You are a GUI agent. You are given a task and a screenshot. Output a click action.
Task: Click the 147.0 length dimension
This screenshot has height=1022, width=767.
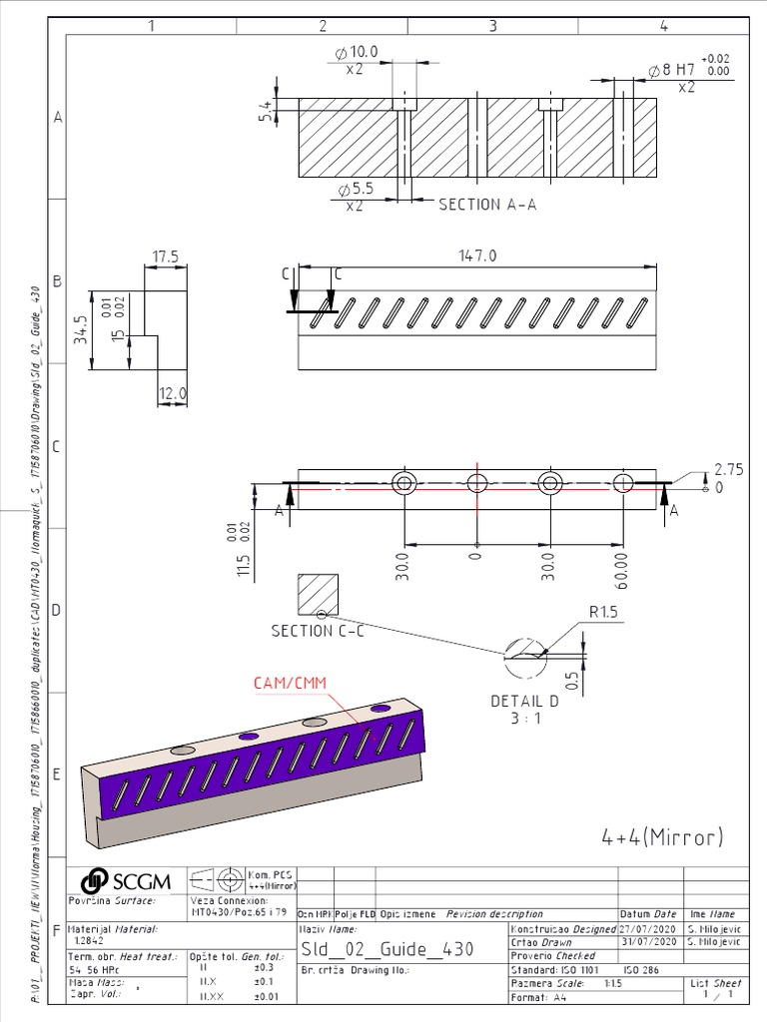(x=477, y=256)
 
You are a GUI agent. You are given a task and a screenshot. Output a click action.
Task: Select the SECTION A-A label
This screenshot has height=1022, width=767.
(x=487, y=204)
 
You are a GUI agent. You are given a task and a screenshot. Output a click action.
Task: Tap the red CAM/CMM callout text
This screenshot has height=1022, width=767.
(x=290, y=683)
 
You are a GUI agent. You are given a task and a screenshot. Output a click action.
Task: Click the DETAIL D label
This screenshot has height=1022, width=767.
(x=524, y=702)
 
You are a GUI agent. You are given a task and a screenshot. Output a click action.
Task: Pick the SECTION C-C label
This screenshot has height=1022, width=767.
(x=317, y=631)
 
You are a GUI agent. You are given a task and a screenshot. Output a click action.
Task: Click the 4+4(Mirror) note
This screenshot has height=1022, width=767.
(x=662, y=836)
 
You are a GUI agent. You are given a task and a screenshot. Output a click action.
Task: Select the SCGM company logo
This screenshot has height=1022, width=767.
(x=126, y=880)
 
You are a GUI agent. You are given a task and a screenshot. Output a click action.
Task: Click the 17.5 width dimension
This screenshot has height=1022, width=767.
(x=165, y=256)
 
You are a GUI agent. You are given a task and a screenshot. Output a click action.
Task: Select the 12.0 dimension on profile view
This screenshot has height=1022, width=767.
(x=174, y=394)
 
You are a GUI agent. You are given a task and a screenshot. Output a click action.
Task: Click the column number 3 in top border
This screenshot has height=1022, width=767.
(x=492, y=26)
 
